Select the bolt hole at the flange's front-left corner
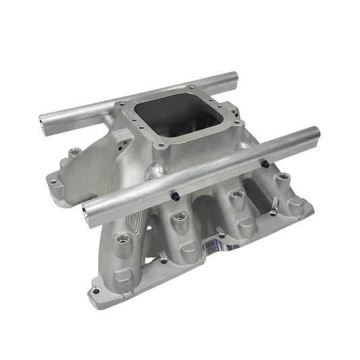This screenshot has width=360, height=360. [x=96, y=290]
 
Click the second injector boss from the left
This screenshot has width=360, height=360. [x=180, y=217]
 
